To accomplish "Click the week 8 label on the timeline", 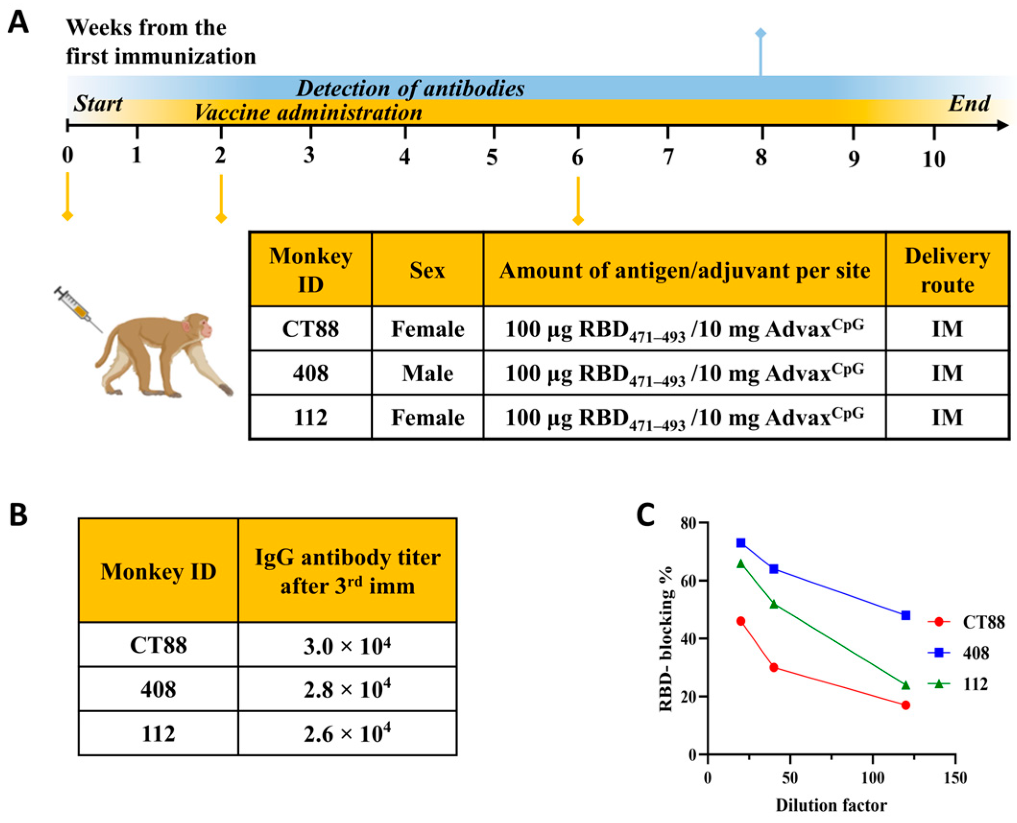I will click(760, 157).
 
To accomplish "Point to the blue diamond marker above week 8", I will click(760, 33).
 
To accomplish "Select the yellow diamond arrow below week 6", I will click(578, 220).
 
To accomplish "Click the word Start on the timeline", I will click(98, 104).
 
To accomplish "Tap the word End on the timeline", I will click(969, 104).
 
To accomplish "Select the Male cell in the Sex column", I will click(427, 373).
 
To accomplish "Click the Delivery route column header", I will click(947, 270).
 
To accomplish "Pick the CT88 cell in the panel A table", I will click(310, 329).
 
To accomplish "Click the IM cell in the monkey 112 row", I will click(947, 417).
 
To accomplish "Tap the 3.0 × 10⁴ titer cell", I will click(347, 645).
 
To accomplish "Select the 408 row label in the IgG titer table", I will click(158, 689).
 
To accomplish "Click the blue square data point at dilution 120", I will click(905, 615).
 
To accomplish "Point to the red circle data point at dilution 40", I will click(773, 668).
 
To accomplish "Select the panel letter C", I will click(645, 515).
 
